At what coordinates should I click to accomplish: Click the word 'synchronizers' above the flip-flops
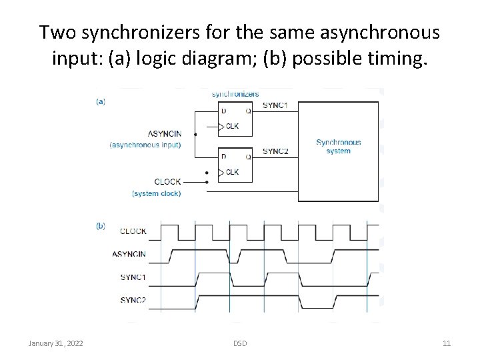235,94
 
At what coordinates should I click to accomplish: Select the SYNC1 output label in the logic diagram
275,106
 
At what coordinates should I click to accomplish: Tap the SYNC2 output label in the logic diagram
275,151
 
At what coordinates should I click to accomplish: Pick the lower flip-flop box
235,164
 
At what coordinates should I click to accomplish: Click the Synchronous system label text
338,146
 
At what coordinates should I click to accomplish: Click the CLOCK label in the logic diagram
167,181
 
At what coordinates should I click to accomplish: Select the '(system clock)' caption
157,193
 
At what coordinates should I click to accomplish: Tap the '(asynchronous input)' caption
145,145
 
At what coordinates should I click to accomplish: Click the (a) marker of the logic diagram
101,101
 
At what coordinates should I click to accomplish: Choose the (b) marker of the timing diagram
101,226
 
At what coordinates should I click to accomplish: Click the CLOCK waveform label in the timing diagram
133,231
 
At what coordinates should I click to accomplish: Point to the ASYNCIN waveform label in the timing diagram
129,254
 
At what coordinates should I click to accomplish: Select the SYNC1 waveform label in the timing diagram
133,277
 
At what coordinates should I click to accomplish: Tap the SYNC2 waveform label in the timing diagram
133,300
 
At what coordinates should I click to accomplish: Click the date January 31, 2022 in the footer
56,343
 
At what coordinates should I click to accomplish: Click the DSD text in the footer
240,343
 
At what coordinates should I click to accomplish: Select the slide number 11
447,343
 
